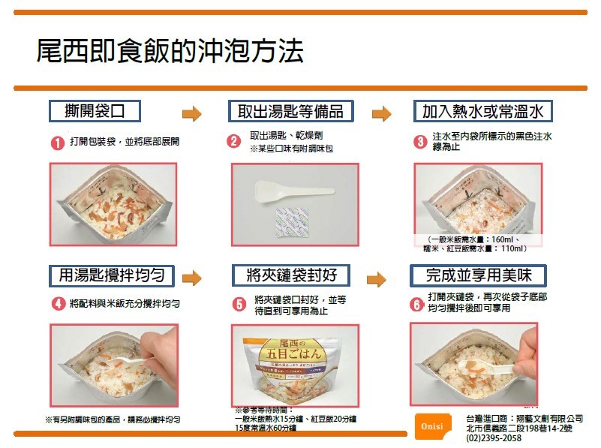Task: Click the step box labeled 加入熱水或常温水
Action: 483,112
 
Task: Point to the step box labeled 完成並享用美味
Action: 478,275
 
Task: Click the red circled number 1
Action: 57,143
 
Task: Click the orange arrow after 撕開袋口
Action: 192,114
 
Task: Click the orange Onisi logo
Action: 431,425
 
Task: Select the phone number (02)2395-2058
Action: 494,438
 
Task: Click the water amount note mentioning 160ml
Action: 474,243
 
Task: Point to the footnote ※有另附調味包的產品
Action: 113,419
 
